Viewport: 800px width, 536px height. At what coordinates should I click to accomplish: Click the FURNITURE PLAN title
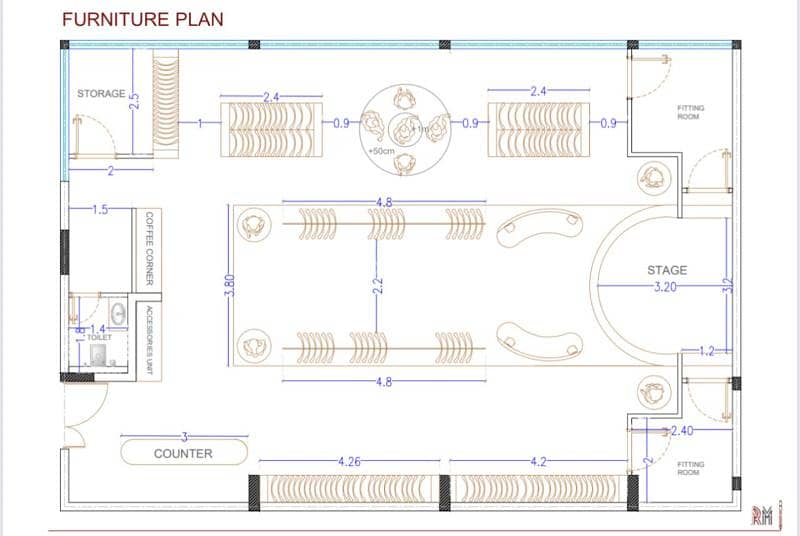(x=143, y=19)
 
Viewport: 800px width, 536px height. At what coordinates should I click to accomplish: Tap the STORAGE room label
(x=101, y=94)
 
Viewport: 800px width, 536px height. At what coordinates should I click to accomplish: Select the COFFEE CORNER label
(x=150, y=247)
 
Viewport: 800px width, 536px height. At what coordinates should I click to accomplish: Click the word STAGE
(x=667, y=270)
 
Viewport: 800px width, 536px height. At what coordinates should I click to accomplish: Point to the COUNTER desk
(x=183, y=453)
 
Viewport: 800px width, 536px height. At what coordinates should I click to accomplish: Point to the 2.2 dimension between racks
(x=378, y=285)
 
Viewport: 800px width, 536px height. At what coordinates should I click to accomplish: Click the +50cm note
(x=381, y=151)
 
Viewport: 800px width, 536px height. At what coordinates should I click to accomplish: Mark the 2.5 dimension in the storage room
(x=134, y=102)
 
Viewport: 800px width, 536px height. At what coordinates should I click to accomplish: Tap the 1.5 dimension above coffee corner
(x=100, y=210)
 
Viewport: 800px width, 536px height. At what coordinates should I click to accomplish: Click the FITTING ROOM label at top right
(x=690, y=112)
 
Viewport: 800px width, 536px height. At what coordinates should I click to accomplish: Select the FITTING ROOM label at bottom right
(x=690, y=469)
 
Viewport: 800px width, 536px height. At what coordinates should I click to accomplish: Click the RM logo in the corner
(x=763, y=515)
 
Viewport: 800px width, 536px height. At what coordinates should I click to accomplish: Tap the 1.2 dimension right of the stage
(x=708, y=350)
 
